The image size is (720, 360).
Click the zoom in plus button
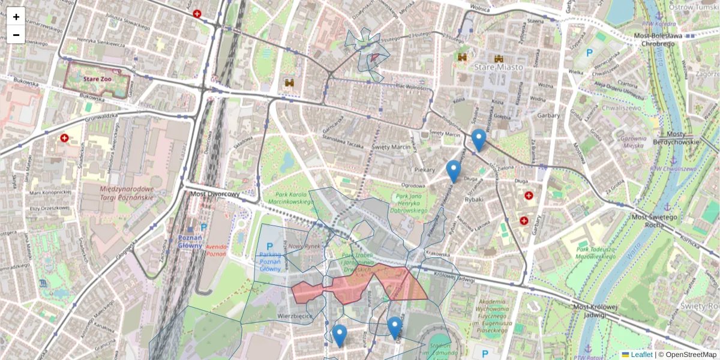pos(16,17)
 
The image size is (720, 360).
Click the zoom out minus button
pos(16,35)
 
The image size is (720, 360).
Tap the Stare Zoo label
pos(97,79)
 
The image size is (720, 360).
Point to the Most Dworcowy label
pos(215,194)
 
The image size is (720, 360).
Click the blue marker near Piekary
pos(454,171)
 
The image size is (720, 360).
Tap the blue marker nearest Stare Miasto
pos(478,140)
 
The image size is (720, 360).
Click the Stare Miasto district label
pos(498,68)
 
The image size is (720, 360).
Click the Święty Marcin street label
pos(389,147)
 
